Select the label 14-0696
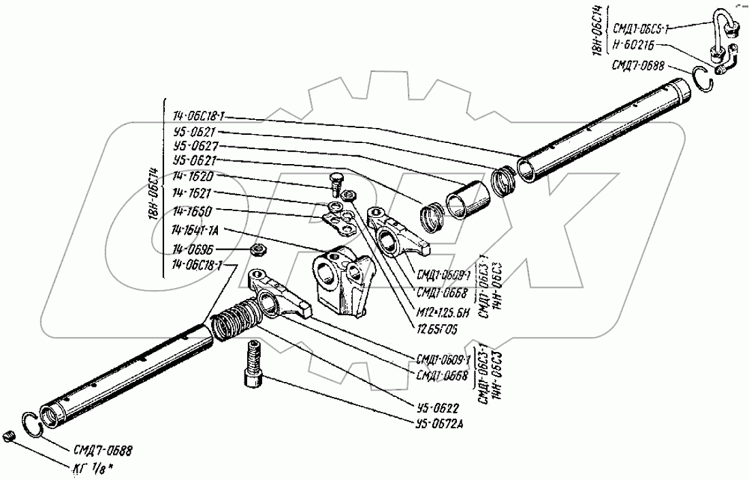[193, 249]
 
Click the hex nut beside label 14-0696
[259, 251]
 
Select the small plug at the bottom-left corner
[9, 437]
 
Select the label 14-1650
[193, 212]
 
